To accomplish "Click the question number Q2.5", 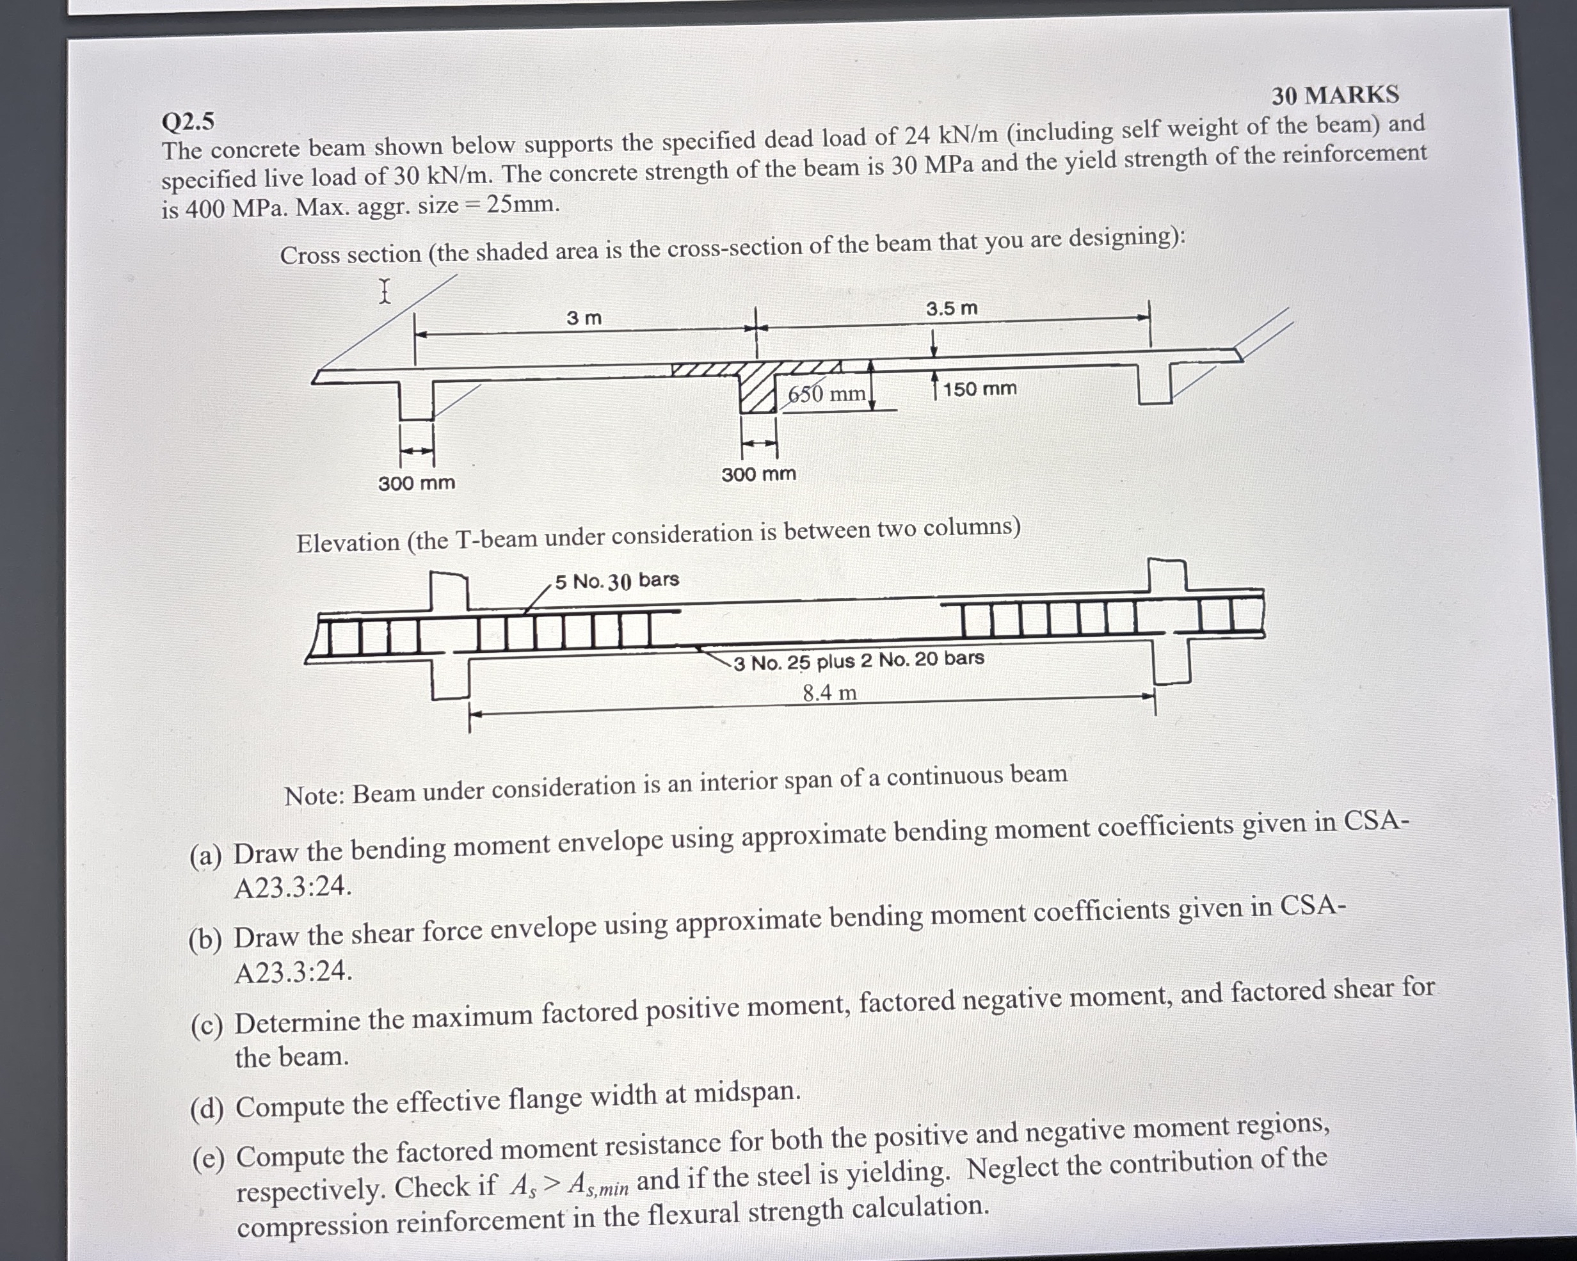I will [x=188, y=122].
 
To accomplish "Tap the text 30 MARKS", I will [x=1334, y=95].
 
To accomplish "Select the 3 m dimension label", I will [x=584, y=318].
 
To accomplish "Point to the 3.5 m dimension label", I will [x=951, y=309].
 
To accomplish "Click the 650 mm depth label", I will [x=826, y=394].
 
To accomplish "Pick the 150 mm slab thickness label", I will [x=979, y=389].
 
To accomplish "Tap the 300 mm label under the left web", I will [x=416, y=483].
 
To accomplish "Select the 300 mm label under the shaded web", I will [x=758, y=474].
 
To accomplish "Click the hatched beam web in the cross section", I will [x=757, y=391].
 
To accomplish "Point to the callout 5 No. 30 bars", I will [x=616, y=581].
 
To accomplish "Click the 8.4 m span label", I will [x=829, y=692].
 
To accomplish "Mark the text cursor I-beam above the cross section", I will [x=385, y=291].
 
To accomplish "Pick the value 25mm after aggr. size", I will [x=522, y=204].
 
